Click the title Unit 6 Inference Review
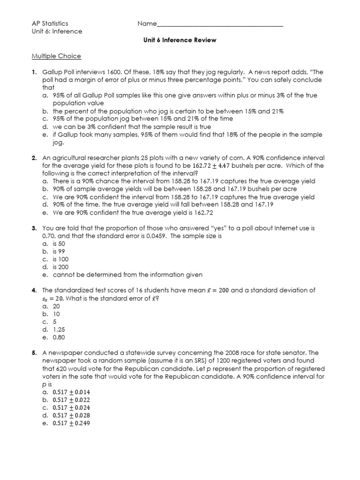180,40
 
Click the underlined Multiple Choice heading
56,56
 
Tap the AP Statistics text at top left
50,23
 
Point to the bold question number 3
34,228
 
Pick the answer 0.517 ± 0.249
72,423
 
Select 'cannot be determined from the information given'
127,275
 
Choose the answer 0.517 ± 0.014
72,391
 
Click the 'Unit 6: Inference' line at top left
57,31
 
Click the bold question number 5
34,352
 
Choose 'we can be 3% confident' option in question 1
132,127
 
